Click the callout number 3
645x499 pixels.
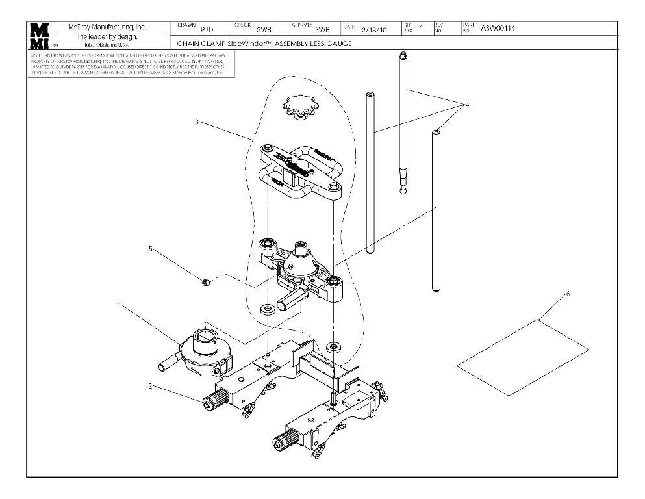point(197,123)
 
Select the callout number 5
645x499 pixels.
point(152,248)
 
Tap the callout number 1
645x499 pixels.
point(119,305)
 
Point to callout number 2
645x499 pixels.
point(150,386)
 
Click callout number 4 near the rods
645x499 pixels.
point(466,104)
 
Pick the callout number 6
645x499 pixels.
point(568,294)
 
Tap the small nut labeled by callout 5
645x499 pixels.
point(205,282)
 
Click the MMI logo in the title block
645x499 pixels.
point(40,35)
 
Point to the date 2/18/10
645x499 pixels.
point(373,29)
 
